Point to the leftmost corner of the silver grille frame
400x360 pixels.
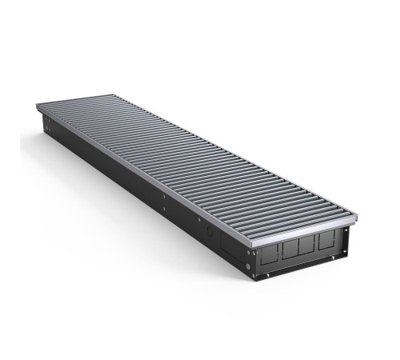click(37, 107)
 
